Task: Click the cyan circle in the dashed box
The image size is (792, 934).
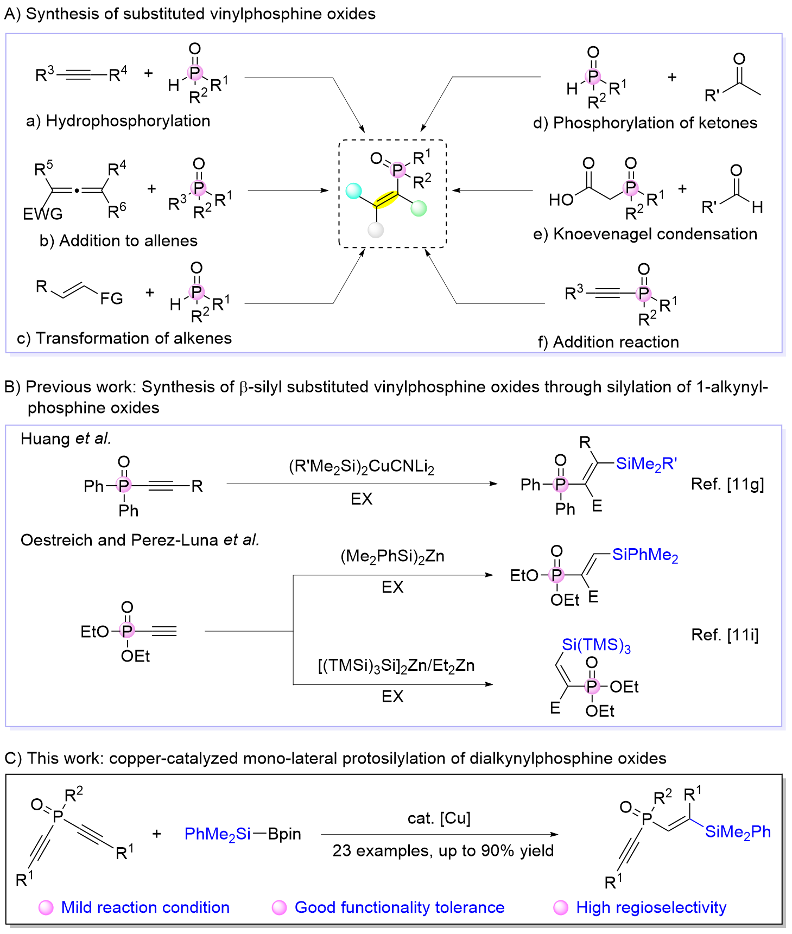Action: [353, 191]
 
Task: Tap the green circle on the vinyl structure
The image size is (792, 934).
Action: [419, 208]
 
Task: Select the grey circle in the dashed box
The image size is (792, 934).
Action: [376, 230]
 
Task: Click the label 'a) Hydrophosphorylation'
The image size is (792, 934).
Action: [118, 120]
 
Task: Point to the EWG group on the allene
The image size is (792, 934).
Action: [42, 214]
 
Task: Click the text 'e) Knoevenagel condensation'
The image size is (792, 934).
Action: [645, 234]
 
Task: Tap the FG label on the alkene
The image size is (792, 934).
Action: [111, 298]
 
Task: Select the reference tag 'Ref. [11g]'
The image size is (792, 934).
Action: [727, 484]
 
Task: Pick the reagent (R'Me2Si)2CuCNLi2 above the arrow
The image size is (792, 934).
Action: [362, 467]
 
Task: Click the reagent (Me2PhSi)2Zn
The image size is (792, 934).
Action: [392, 556]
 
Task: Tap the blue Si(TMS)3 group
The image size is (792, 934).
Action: [596, 645]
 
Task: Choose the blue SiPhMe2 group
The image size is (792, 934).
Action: [645, 555]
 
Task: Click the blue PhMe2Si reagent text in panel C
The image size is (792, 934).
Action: [217, 834]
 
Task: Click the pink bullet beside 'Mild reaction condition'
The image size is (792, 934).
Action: [46, 907]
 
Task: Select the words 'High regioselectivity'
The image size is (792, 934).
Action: [651, 907]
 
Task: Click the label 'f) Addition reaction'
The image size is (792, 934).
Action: [608, 342]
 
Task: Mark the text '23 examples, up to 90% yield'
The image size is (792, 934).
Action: [443, 850]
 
